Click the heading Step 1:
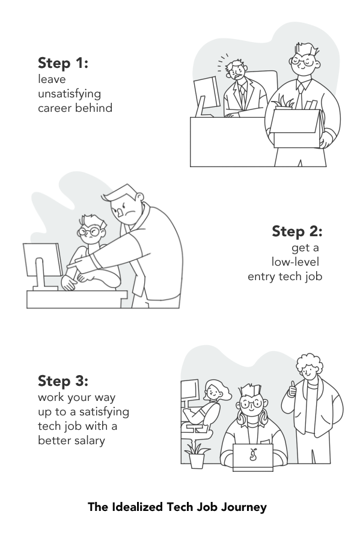(x=63, y=63)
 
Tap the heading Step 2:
(x=297, y=231)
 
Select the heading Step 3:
(x=63, y=381)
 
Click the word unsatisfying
(x=69, y=94)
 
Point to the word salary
(x=89, y=441)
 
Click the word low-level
(x=295, y=262)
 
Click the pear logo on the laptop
(x=253, y=455)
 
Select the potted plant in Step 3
(x=197, y=456)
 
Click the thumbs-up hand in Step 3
(x=293, y=390)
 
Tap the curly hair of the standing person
(x=310, y=362)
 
